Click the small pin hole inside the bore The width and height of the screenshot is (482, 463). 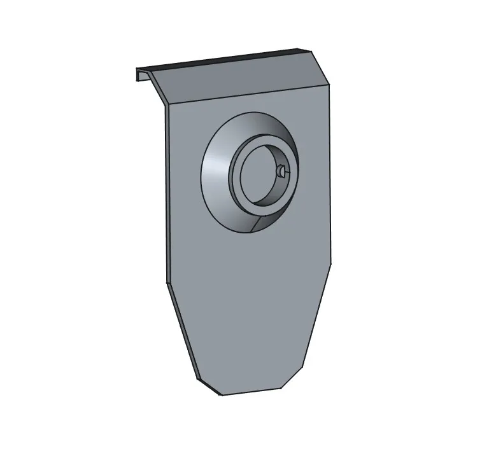coord(280,170)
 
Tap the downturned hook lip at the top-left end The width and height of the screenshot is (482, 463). coord(139,74)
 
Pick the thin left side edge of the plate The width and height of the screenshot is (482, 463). coord(166,191)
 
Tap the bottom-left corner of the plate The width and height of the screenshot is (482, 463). coord(222,395)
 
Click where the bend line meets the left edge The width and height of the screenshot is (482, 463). coord(166,105)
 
